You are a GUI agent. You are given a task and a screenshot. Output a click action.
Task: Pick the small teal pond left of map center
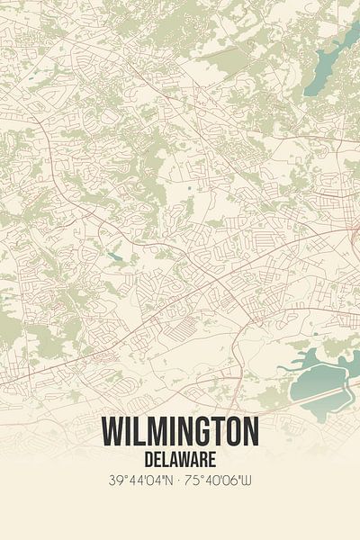(114, 256)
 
